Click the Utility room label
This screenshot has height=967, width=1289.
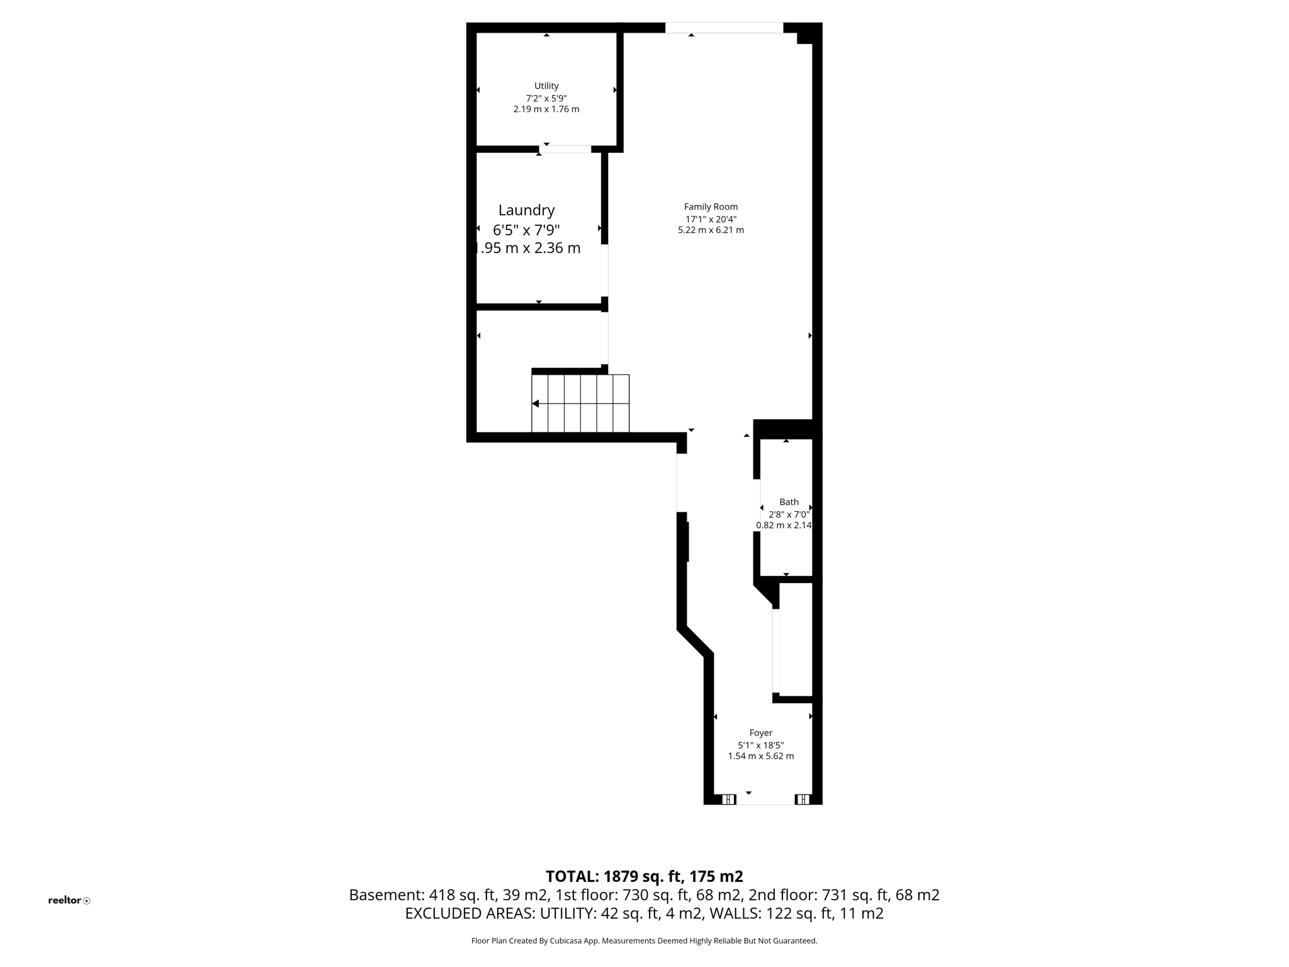coord(546,86)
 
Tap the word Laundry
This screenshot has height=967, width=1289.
coord(526,210)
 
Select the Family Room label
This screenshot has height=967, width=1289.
coord(711,206)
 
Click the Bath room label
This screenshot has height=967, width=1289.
coord(789,502)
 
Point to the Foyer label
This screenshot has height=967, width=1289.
coord(760,733)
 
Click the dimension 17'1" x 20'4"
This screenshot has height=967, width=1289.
coord(711,219)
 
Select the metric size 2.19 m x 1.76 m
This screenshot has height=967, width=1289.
coord(546,109)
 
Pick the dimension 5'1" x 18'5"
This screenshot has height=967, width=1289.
coord(760,745)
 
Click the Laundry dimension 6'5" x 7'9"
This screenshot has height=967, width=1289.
coord(526,230)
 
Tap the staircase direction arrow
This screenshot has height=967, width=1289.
coord(536,404)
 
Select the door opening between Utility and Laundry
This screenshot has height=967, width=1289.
coord(565,149)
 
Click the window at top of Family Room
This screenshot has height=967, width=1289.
coord(724,28)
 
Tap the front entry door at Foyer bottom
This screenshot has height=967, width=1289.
coord(765,800)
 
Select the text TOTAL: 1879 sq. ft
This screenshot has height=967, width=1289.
coord(613,876)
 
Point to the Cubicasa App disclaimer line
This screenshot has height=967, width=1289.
coord(644,941)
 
